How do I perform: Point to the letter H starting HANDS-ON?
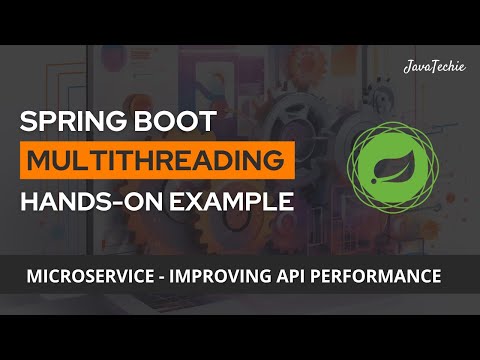30,200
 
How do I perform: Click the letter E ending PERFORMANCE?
436,272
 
